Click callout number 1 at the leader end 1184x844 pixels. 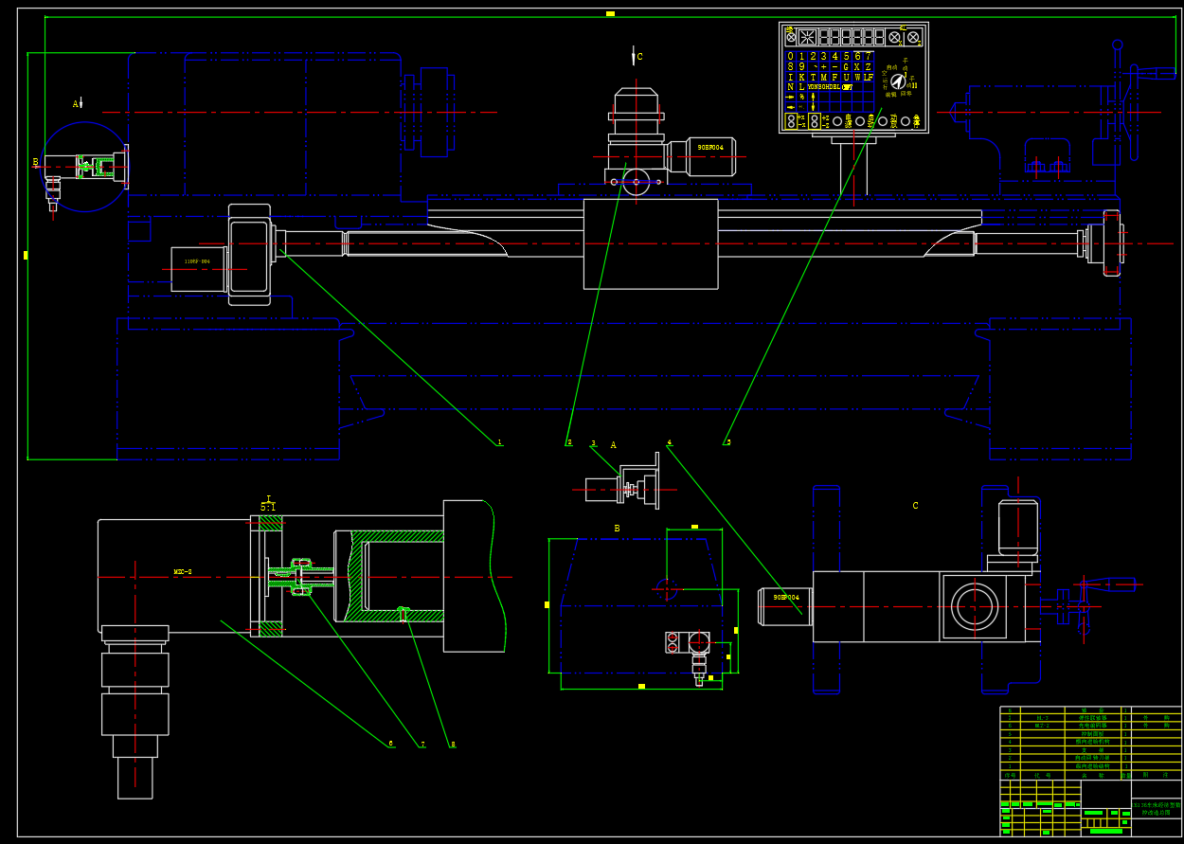(x=499, y=442)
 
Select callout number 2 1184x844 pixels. (x=569, y=442)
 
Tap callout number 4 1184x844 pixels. (x=670, y=442)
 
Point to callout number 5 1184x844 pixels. (x=727, y=442)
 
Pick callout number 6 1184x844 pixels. (x=390, y=744)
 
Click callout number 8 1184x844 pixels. (x=453, y=745)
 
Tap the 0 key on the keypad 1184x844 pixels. (x=791, y=56)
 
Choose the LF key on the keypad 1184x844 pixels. (x=868, y=77)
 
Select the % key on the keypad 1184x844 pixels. (x=801, y=97)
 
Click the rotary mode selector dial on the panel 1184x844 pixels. (x=897, y=82)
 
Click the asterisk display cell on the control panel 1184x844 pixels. (x=807, y=37)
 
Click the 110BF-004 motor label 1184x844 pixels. (x=198, y=261)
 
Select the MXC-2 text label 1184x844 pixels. (x=183, y=572)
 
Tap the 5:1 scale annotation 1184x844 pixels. (x=269, y=507)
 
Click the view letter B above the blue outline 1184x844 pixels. (x=617, y=529)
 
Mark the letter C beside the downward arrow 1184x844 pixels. (x=639, y=57)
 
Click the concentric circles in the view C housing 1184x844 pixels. (x=976, y=605)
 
